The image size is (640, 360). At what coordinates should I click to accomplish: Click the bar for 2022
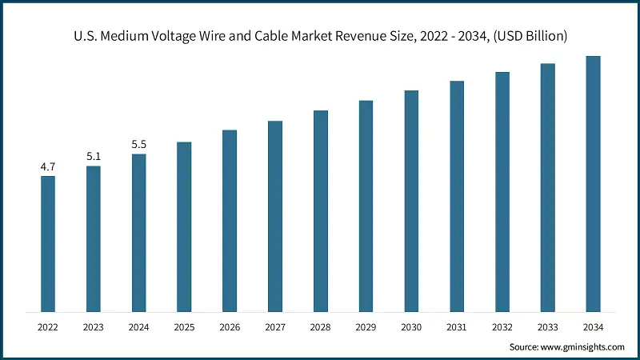(x=48, y=243)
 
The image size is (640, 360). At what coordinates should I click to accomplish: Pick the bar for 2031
(x=457, y=196)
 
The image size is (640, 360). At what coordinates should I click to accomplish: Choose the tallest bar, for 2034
(x=593, y=183)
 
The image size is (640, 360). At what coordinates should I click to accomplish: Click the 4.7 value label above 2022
(x=48, y=167)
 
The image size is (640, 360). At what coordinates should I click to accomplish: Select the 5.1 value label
(x=94, y=157)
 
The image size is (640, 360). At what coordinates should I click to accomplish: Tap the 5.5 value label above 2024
(x=139, y=145)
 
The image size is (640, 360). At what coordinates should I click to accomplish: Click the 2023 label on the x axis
(x=94, y=327)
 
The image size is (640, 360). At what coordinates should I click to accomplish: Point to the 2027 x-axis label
(x=275, y=327)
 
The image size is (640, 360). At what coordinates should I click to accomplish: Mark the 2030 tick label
(x=411, y=327)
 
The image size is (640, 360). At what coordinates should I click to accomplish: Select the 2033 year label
(x=547, y=327)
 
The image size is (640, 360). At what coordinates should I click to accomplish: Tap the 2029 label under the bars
(x=366, y=327)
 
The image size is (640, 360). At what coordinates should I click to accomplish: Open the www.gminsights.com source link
(x=581, y=347)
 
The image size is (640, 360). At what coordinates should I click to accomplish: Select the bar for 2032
(x=502, y=191)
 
